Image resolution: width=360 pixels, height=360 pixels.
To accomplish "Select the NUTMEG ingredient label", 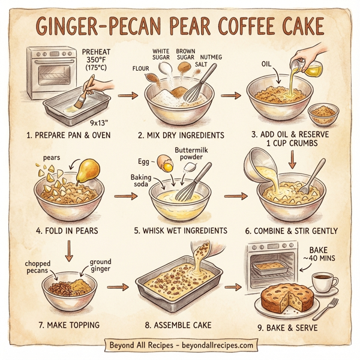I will pos(210,58).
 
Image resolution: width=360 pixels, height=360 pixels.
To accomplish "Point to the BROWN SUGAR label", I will pos(185,55).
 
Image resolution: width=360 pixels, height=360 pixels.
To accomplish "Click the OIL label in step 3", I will pos(267,63).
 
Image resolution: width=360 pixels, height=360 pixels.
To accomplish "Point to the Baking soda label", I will pos(142,181).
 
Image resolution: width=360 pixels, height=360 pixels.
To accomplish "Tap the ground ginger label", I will pos(100,266).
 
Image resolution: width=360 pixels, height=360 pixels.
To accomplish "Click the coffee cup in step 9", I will pos(325,283).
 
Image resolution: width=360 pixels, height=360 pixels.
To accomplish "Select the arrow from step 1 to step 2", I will pos(127,95).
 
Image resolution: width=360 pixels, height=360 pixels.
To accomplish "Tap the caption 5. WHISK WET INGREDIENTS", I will pos(181,230).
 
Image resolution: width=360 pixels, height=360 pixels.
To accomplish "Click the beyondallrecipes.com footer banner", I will pos(180,346).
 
